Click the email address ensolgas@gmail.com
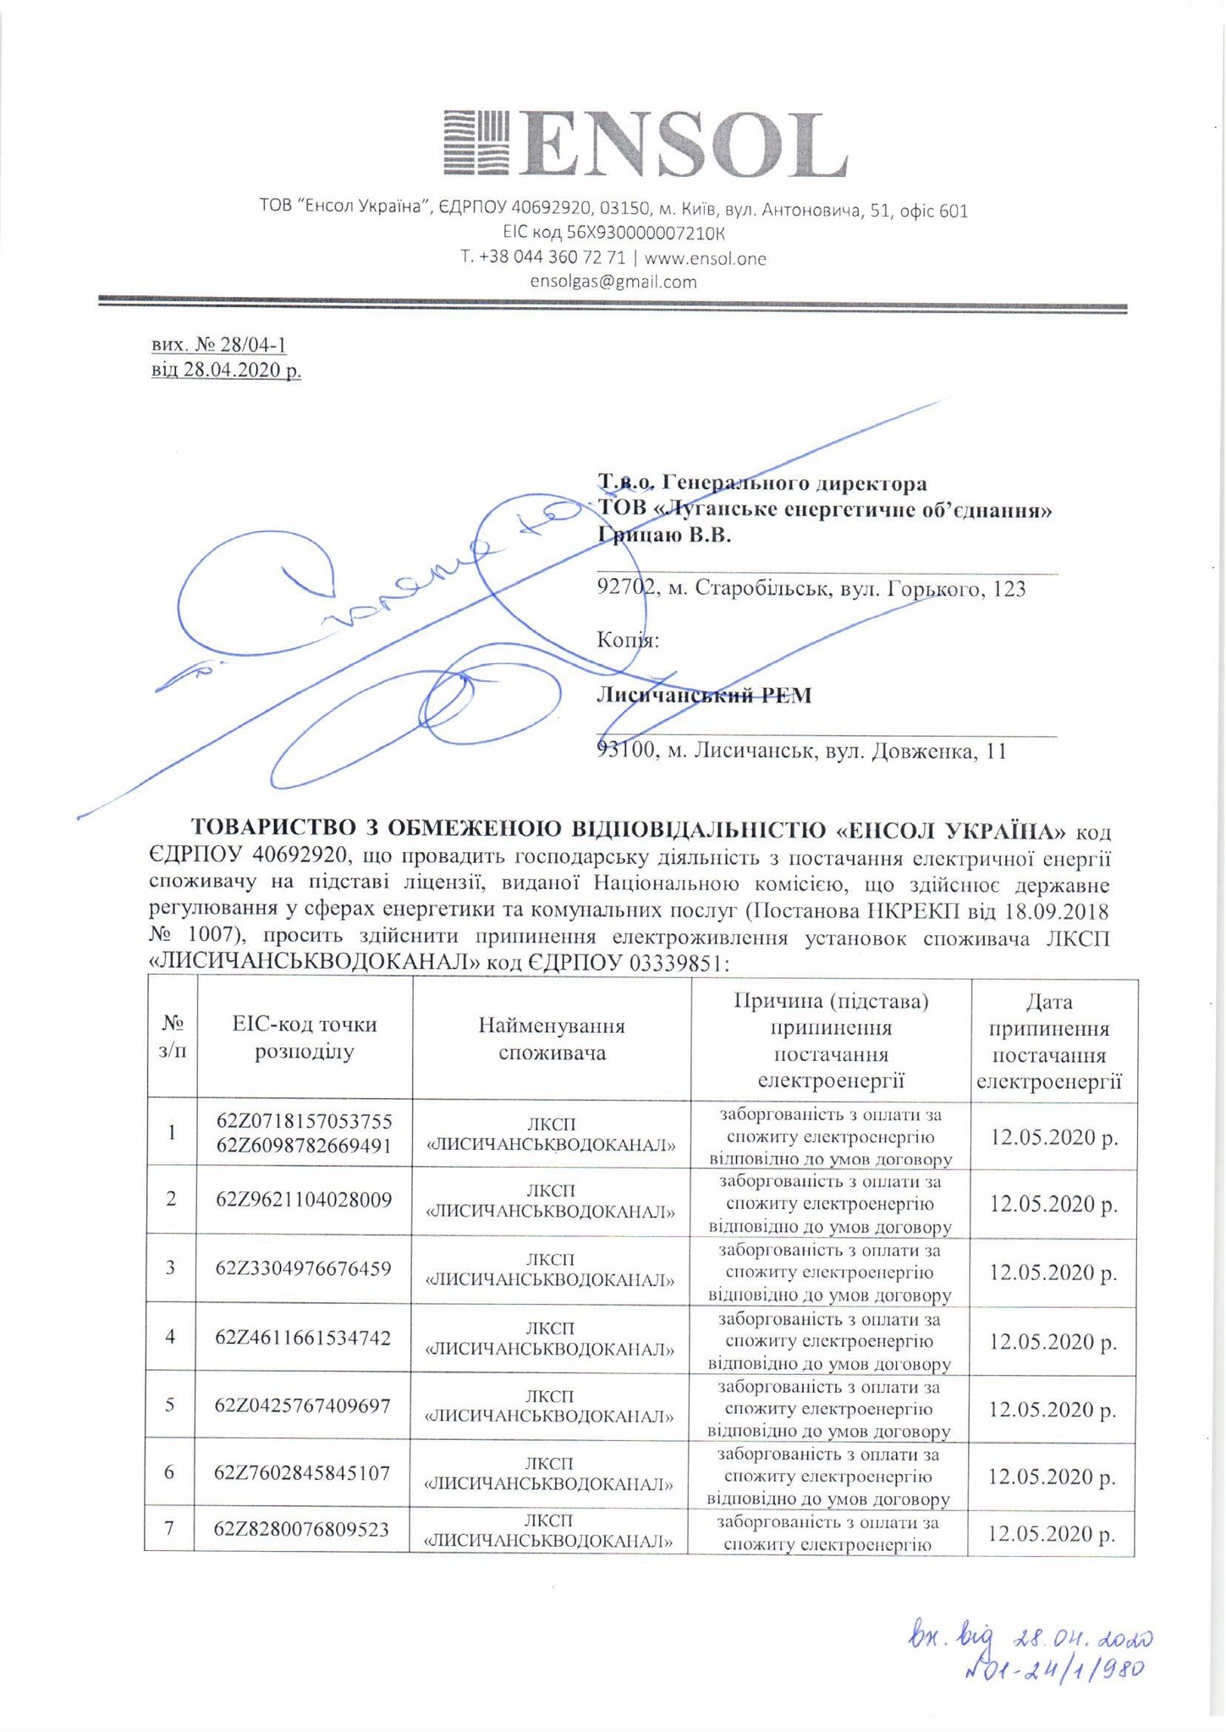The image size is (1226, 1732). point(613,282)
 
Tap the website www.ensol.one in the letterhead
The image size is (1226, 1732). point(705,258)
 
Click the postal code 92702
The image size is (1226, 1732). point(627,588)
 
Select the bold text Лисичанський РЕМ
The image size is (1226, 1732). point(704,696)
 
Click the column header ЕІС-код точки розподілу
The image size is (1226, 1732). point(305,1038)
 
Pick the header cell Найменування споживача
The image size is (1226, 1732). point(552,1039)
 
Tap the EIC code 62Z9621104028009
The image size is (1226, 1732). point(304,1200)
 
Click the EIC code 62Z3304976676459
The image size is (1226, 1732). point(303,1268)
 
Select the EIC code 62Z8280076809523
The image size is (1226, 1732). point(302,1529)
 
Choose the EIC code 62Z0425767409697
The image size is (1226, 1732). point(303,1405)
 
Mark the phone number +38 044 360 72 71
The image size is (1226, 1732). point(543,258)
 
